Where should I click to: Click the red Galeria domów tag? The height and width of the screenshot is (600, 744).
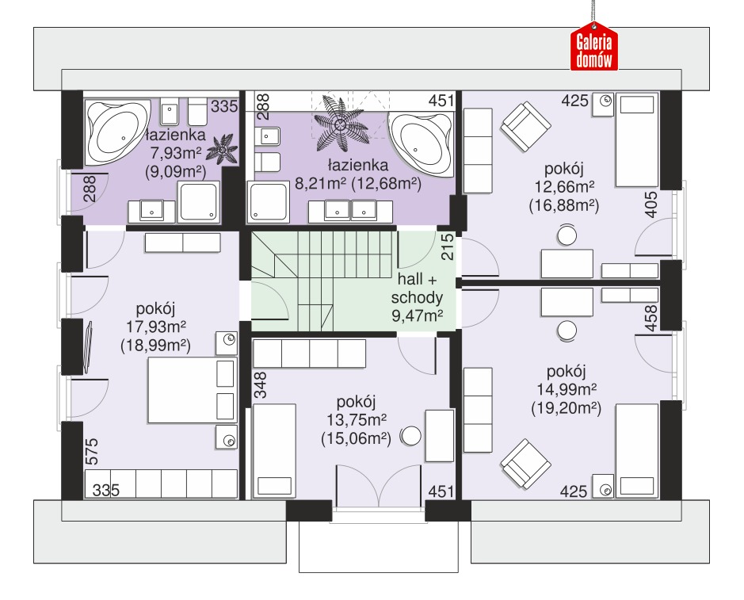593,47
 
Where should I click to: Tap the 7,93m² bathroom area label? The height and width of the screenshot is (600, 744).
176,153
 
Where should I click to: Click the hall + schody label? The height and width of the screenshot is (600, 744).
417,288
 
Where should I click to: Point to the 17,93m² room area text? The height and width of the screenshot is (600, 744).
155,327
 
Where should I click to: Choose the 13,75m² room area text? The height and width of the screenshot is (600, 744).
356,419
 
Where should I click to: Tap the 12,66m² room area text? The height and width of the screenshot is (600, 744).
563,186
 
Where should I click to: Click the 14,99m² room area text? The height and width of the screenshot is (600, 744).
566,389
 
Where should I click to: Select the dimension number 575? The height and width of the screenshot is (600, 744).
92,451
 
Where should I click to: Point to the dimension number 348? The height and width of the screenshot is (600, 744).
261,384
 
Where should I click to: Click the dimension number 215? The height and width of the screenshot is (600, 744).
448,246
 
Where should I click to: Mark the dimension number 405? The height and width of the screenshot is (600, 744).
652,204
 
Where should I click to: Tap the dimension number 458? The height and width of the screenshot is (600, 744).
652,318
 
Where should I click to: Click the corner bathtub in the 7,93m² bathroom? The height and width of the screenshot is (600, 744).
116,132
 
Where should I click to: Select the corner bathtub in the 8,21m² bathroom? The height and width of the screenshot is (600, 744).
421,143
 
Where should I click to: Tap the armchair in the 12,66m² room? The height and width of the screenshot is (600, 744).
526,127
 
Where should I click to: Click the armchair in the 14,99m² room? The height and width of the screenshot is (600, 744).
526,464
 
